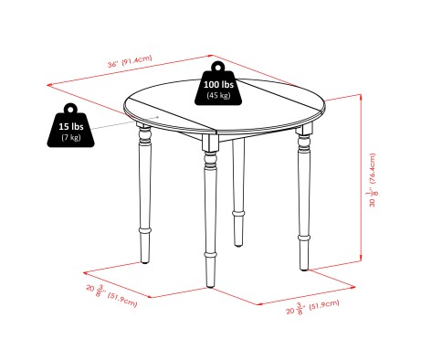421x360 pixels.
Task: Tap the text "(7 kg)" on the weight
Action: coord(70,136)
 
